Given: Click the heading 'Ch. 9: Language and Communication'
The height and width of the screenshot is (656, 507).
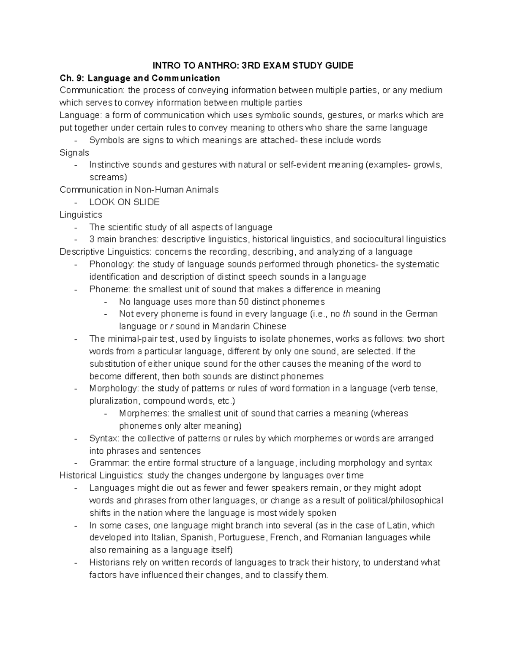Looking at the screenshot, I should coord(140,78).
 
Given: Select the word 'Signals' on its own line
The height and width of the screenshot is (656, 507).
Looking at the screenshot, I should coord(74,152).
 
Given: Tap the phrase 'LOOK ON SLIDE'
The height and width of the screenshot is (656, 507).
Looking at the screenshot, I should coord(124,202).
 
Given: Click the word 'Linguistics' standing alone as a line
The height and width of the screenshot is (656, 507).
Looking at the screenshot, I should coord(81,215).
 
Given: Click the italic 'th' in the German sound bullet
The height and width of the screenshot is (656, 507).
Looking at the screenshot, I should coord(346,314).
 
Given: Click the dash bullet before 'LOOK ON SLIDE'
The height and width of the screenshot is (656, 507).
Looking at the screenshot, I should coord(76,202).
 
